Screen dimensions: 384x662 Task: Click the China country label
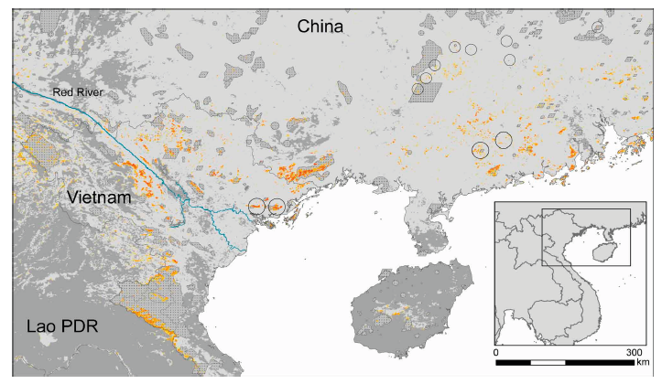[x=320, y=27]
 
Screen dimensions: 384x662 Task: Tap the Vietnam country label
[x=100, y=197]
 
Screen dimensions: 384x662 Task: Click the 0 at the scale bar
[x=496, y=352]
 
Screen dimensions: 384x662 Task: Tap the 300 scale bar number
[x=633, y=352]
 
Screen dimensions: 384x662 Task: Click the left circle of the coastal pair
[x=257, y=207]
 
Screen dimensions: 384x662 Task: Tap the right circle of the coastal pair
[x=277, y=207]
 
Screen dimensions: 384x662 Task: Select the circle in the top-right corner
[x=597, y=27]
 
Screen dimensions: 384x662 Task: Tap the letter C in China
[x=303, y=27]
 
